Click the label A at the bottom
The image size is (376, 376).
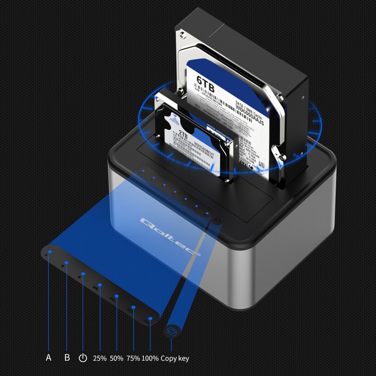pyautogui.click(x=48, y=358)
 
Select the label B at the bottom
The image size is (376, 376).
pyautogui.click(x=67, y=358)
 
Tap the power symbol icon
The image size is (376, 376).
pyautogui.click(x=83, y=358)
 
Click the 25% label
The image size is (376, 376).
pyautogui.click(x=100, y=358)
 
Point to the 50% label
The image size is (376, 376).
pyautogui.click(x=117, y=358)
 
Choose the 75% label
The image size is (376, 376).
pyautogui.click(x=133, y=358)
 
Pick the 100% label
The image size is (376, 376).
pyautogui.click(x=150, y=358)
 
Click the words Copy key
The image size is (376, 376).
pyautogui.click(x=175, y=358)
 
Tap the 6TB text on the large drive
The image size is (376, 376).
pyautogui.click(x=206, y=81)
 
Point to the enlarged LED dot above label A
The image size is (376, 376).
pyautogui.click(x=49, y=251)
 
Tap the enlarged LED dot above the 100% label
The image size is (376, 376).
pyautogui.click(x=151, y=319)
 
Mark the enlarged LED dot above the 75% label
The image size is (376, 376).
pyautogui.click(x=134, y=307)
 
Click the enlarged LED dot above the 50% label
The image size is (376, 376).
pyautogui.click(x=117, y=296)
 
